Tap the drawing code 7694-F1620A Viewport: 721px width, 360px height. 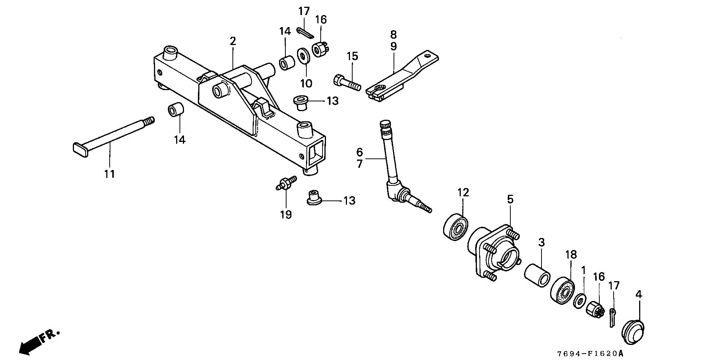point(590,353)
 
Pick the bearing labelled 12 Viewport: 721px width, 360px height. point(455,227)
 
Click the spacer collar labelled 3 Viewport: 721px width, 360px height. point(537,277)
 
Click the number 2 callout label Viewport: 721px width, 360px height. point(233,41)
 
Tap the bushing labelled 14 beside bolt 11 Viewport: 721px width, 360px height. point(175,111)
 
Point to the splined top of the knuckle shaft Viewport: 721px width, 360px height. point(385,127)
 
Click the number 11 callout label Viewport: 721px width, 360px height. point(110,174)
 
